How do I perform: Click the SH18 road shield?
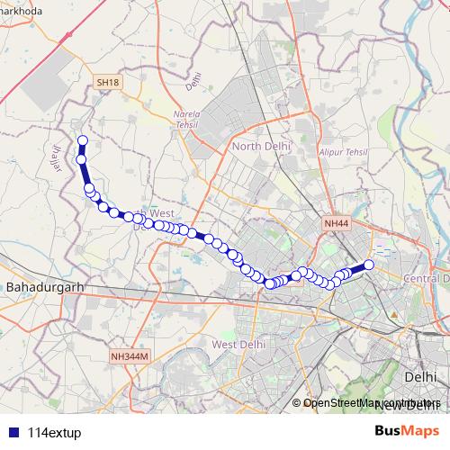point(107,82)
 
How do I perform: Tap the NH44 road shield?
point(336,222)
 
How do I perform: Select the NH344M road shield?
point(129,356)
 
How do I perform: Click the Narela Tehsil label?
point(191,120)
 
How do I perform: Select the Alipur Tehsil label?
point(344,153)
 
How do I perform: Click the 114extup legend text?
point(54,430)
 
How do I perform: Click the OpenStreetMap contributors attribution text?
point(370,403)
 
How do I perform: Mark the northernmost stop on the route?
point(83,140)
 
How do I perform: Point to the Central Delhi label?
point(427,278)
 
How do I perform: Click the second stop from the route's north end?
point(82,159)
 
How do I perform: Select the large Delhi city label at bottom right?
point(420,376)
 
